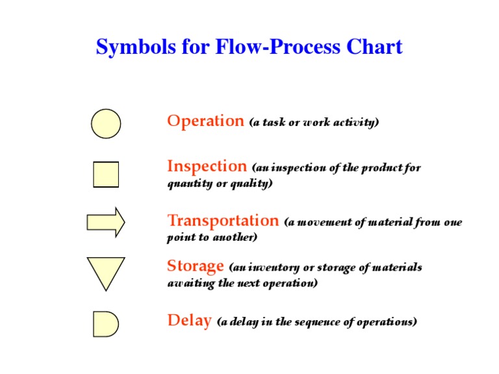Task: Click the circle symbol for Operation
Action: coord(106,123)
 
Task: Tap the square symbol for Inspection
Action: coord(106,174)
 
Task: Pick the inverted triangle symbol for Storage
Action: coord(106,271)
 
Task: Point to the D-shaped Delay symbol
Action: coord(105,323)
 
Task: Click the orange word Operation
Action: coord(205,121)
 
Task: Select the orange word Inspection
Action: coord(207,166)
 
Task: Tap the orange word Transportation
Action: coord(223,221)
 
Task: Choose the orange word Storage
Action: coord(196,266)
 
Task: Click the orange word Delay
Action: coord(189,320)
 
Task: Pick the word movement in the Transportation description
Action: coord(327,222)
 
